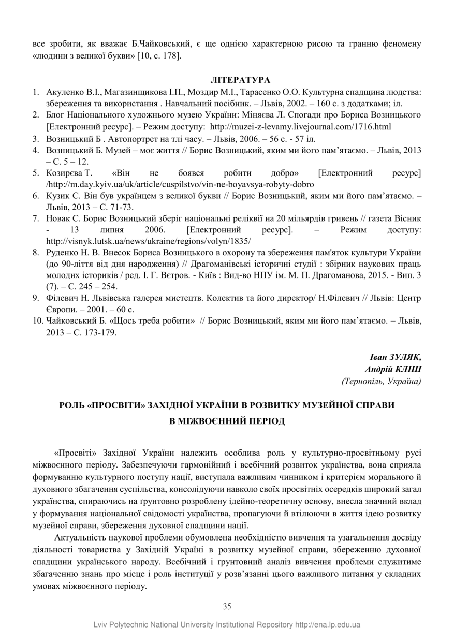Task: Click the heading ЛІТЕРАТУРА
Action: [240, 80]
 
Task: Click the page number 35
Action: [227, 606]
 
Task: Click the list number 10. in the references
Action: [36, 321]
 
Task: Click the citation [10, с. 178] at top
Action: [158, 55]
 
